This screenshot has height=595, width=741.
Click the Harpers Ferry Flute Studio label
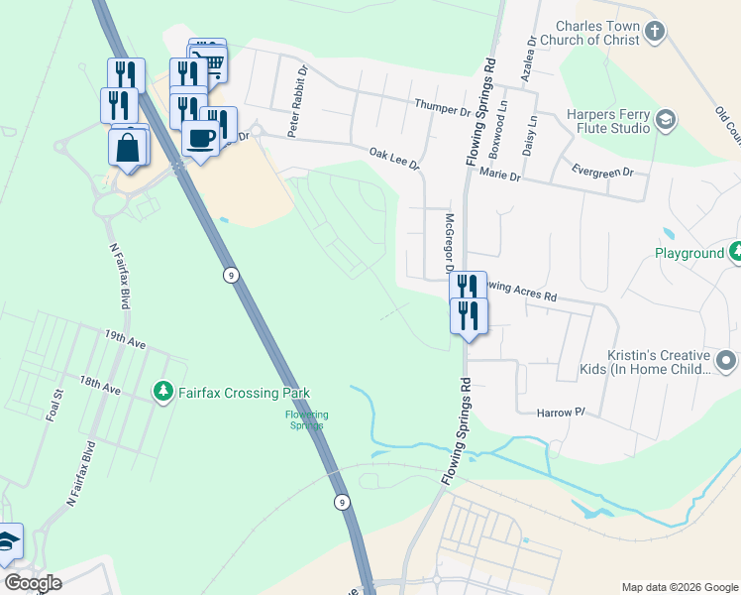pyautogui.click(x=608, y=121)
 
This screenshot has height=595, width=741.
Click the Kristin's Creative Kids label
pyautogui.click(x=659, y=362)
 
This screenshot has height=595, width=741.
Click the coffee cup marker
pyautogui.click(x=200, y=138)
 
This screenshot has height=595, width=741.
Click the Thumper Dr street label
pyautogui.click(x=442, y=106)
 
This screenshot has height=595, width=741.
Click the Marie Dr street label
pyautogui.click(x=499, y=175)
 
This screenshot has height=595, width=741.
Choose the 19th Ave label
pyautogui.click(x=126, y=339)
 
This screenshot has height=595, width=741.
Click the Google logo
pyautogui.click(x=33, y=583)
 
